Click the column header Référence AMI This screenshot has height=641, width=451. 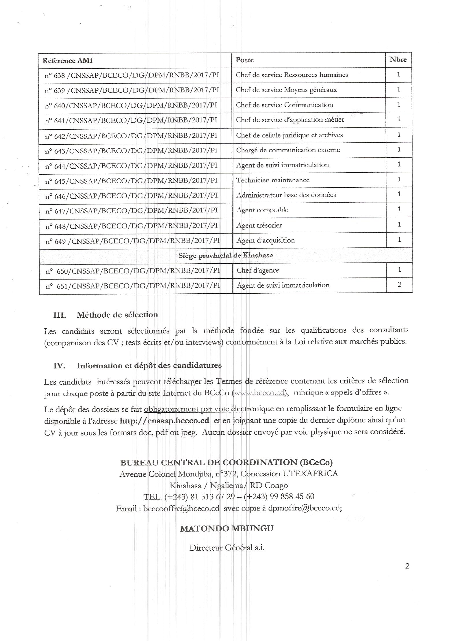coord(68,61)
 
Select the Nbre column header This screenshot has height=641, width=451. coord(398,59)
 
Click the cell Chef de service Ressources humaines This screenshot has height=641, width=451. coord(292,75)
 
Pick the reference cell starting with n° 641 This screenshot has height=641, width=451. coord(131,120)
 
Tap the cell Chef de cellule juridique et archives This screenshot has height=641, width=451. coord(289,135)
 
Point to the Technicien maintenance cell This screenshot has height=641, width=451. coord(273,180)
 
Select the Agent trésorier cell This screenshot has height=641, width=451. coord(259,225)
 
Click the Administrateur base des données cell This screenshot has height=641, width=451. coord(286,195)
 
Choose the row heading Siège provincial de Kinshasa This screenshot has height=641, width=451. coord(226,255)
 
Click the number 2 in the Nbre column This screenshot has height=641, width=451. coord(400,284)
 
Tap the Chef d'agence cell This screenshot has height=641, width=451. coord(258,270)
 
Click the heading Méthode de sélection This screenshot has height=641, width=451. coord(117,315)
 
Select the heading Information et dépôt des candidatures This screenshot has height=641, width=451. coord(149,366)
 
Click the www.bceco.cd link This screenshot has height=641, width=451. coord(259,393)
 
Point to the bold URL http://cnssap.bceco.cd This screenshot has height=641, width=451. coord(164,420)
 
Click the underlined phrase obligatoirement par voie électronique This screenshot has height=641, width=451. coord(209,409)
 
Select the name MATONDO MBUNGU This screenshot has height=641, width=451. coord(227,529)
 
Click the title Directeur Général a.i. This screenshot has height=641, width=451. coord(227,548)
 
